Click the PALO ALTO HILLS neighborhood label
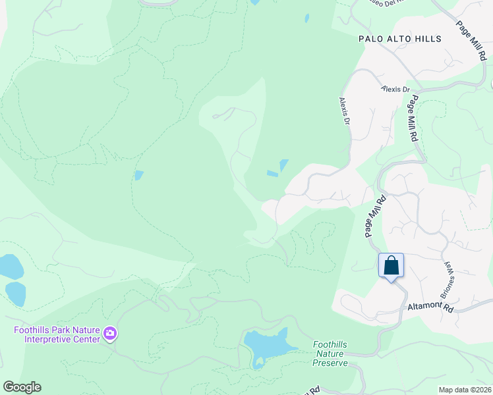tap(399, 39)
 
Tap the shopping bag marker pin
tap(391, 267)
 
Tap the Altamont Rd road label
tap(430, 307)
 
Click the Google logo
tap(22, 387)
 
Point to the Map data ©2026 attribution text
tap(465, 390)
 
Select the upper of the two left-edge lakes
tap(10, 267)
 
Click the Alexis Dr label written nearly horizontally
tap(395, 89)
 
